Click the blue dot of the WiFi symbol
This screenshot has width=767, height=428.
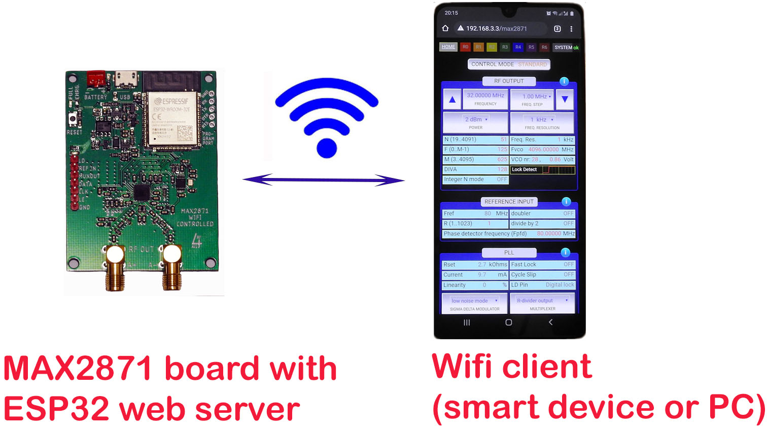(327, 148)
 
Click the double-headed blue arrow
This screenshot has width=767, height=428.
(324, 180)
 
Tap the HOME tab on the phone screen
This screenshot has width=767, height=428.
(448, 47)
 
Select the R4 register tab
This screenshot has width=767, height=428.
(518, 47)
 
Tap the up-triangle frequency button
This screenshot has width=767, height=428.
(452, 100)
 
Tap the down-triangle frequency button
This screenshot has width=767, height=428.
(565, 99)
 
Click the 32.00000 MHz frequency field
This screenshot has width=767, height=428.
(485, 98)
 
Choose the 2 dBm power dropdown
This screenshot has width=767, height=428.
(476, 122)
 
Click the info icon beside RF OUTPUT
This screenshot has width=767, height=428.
(564, 82)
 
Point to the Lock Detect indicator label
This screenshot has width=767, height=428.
(524, 169)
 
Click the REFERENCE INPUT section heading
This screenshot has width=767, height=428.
(509, 202)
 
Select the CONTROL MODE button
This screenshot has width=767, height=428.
(508, 64)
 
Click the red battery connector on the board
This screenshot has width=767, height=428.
(95, 79)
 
